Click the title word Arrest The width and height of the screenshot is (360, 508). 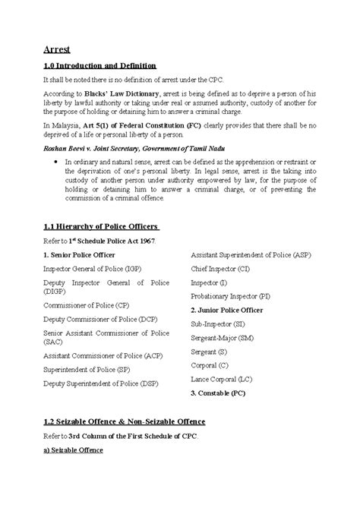(57, 49)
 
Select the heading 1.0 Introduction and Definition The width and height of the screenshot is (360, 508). (99, 67)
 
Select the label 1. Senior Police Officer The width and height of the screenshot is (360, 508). (79, 255)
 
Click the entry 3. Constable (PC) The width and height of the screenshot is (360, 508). (217, 393)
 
